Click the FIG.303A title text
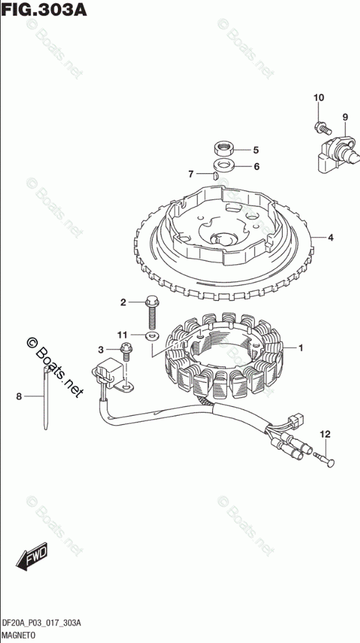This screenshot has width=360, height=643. point(44,9)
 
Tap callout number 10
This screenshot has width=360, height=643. point(318,98)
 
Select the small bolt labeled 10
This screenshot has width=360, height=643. point(323,128)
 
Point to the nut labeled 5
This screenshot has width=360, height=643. point(224,148)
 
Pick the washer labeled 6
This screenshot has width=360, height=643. point(224,166)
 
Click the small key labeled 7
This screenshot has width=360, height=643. point(214,176)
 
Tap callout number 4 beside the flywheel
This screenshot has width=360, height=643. point(330,237)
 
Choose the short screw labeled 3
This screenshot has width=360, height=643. point(126,351)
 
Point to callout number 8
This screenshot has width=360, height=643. point(18,396)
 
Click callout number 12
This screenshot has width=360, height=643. point(325,433)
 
